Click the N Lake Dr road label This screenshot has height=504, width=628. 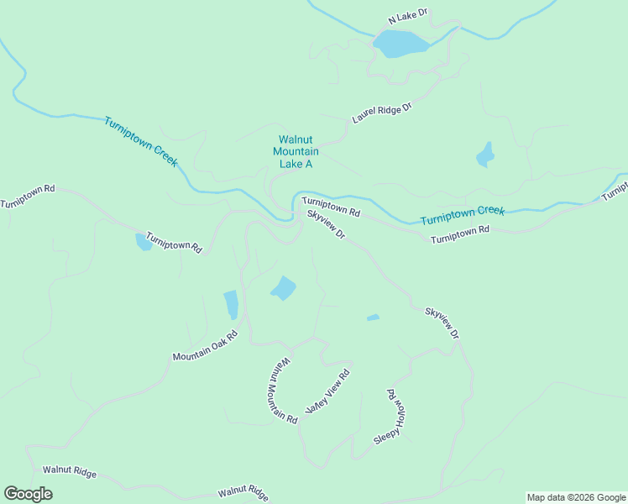(408, 16)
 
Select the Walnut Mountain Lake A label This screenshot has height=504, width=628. (296, 151)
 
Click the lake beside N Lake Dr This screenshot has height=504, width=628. (400, 43)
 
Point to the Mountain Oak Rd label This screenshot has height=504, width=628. (206, 345)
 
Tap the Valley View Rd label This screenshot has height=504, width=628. (327, 391)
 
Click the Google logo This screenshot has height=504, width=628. (28, 494)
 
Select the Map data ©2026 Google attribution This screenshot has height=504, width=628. (576, 497)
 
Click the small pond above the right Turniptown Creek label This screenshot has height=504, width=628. (485, 155)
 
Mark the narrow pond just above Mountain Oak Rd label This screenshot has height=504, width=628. (231, 304)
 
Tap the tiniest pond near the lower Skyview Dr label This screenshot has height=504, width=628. (373, 318)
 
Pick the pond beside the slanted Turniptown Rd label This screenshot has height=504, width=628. (144, 242)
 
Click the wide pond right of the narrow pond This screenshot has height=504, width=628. (283, 288)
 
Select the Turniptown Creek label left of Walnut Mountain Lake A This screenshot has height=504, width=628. (140, 141)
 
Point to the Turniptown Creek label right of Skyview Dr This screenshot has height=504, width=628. (462, 215)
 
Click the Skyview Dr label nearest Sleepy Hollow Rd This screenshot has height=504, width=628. (442, 323)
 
